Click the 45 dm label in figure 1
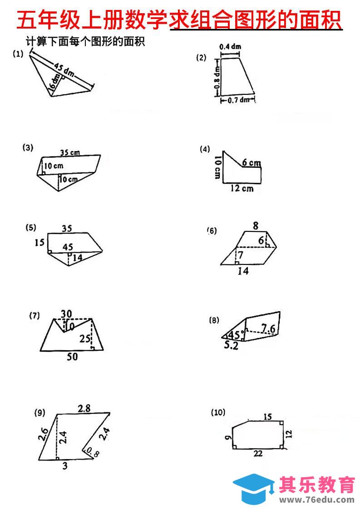[x=64, y=69]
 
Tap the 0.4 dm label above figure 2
[x=230, y=47]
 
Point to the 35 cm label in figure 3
[x=69, y=153]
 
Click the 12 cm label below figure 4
[x=242, y=188]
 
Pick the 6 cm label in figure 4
[x=251, y=162]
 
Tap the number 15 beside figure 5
[x=39, y=243]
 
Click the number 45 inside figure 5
[x=68, y=247]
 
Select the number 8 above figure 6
[x=256, y=225]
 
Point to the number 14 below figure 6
[x=243, y=271]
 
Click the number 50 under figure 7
[x=72, y=357]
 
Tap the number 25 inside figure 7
[x=84, y=338]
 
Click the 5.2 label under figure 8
[x=232, y=346]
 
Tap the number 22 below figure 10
[x=258, y=454]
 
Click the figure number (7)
[x=35, y=316]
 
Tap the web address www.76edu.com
[x=317, y=499]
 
